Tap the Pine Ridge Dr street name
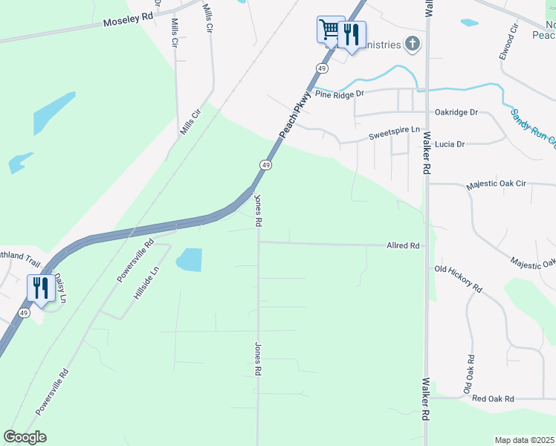[339, 94]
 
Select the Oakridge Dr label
[456, 112]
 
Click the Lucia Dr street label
[450, 143]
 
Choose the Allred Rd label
[403, 245]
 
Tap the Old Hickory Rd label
[459, 278]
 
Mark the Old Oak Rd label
[469, 374]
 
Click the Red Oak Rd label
[493, 398]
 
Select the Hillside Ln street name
[146, 283]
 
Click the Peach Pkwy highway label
[294, 115]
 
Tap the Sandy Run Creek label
[532, 129]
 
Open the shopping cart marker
[329, 30]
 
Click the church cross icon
[413, 45]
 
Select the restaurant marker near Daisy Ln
[40, 288]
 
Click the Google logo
[25, 437]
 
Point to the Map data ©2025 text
[524, 440]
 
